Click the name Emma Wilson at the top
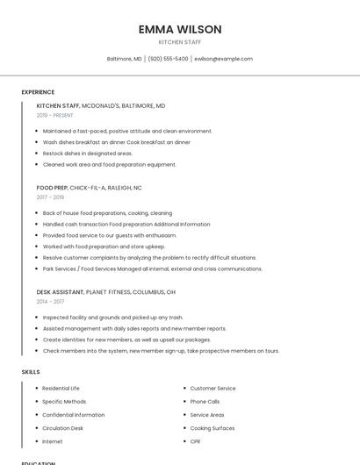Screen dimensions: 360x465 click(180, 29)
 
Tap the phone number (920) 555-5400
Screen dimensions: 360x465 click(168, 59)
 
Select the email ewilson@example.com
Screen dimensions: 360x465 click(223, 59)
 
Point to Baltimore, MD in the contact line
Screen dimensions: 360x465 click(124, 59)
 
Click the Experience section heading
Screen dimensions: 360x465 click(38, 92)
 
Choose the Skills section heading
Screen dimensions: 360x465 click(31, 372)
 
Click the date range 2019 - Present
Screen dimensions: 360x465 click(55, 115)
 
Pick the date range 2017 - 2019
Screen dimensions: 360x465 click(50, 197)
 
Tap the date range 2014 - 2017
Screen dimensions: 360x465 click(50, 301)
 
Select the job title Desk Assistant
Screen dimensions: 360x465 click(60, 291)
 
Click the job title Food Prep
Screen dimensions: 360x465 click(51, 188)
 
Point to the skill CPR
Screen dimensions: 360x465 click(195, 441)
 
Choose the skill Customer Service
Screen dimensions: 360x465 click(212, 388)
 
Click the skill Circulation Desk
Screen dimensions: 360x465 click(63, 428)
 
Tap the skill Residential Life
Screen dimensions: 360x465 click(61, 388)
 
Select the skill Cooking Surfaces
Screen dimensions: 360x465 click(212, 428)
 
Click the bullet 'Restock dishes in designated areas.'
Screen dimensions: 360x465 click(88, 153)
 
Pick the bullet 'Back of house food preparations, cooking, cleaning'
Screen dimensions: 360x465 click(107, 213)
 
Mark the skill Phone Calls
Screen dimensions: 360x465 click(205, 401)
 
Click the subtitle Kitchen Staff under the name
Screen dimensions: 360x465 click(180, 42)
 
